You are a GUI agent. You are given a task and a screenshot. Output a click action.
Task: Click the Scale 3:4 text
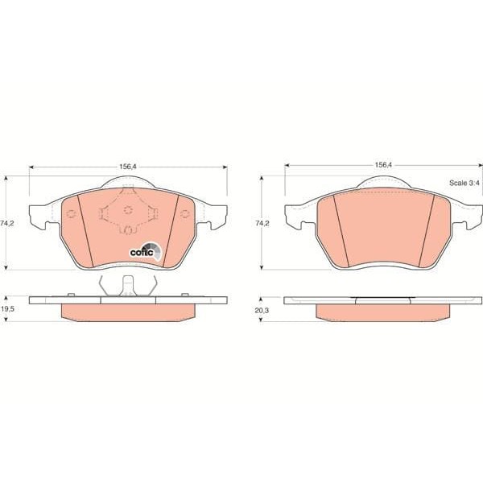(x=464, y=183)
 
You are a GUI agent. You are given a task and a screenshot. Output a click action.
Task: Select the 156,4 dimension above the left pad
(x=128, y=167)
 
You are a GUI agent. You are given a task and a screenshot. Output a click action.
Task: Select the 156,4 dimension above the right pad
(x=383, y=165)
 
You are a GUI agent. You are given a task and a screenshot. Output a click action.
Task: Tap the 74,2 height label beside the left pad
(x=7, y=224)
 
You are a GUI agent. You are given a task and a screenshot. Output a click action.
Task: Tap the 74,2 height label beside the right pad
(x=262, y=223)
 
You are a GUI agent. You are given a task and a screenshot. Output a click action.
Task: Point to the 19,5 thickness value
(x=7, y=309)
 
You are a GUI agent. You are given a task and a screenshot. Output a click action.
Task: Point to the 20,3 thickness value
(x=262, y=311)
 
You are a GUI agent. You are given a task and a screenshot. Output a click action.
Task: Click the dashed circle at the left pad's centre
(x=128, y=210)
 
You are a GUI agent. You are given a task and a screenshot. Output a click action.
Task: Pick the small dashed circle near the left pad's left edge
(x=71, y=213)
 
